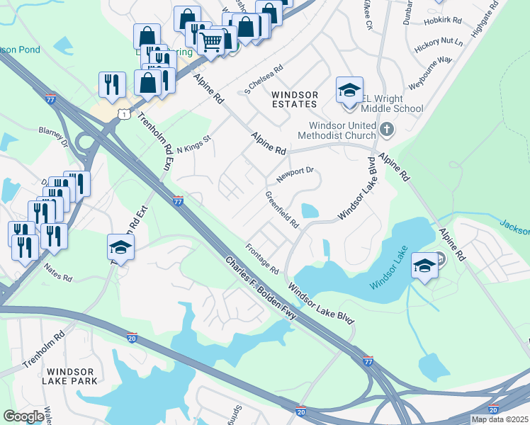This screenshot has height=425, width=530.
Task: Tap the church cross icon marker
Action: tap(386, 129)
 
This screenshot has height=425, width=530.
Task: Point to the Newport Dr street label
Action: tap(295, 175)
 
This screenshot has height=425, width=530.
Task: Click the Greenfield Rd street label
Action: tap(282, 208)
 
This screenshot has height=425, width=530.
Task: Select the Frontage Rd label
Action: tap(262, 260)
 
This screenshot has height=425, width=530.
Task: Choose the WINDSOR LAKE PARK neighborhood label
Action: tap(71, 376)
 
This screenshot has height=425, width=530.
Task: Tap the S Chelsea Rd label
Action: tap(263, 79)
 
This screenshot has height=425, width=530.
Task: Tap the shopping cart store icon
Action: tap(210, 42)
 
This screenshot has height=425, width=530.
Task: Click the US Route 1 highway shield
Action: tap(125, 113)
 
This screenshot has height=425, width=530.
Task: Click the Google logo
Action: tap(23, 416)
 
